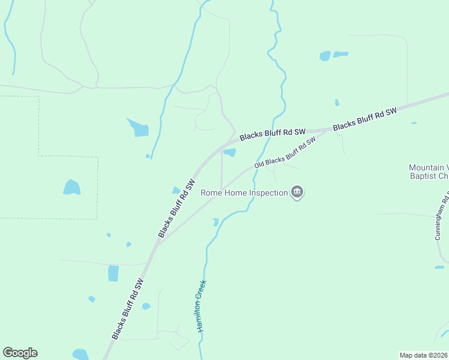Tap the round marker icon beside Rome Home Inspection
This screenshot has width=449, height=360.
(x=297, y=192)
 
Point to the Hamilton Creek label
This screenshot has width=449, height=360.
(x=202, y=306)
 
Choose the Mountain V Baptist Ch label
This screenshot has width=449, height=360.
(x=429, y=172)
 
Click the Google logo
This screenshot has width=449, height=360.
(x=20, y=353)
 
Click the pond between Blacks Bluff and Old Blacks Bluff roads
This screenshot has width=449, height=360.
(x=229, y=152)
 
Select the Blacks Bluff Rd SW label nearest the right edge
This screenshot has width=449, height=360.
(x=365, y=119)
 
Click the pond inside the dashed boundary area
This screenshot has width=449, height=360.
(x=71, y=187)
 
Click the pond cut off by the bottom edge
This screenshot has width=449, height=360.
(x=80, y=355)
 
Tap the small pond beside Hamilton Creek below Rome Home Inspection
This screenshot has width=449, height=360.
(x=215, y=222)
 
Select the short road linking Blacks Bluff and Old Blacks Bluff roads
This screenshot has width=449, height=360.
(x=221, y=168)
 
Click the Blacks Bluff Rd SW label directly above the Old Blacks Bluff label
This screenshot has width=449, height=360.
(x=273, y=134)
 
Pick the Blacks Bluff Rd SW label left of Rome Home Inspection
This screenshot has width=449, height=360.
(x=176, y=207)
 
